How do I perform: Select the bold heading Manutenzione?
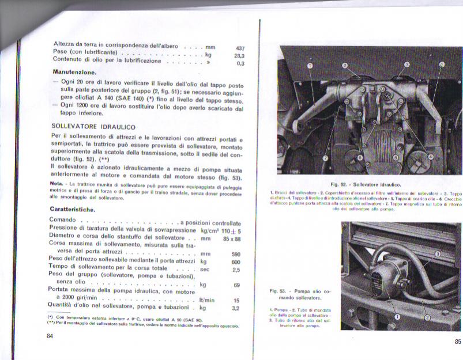click(x=74, y=73)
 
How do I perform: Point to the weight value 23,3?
click(x=239, y=56)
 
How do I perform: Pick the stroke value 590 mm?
click(x=236, y=254)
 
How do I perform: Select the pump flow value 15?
click(x=236, y=300)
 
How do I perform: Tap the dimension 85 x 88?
click(x=232, y=238)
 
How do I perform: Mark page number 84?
click(x=50, y=336)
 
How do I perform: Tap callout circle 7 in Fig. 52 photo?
click(x=325, y=158)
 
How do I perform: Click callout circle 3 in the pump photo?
click(x=438, y=253)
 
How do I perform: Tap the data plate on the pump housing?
click(x=376, y=283)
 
